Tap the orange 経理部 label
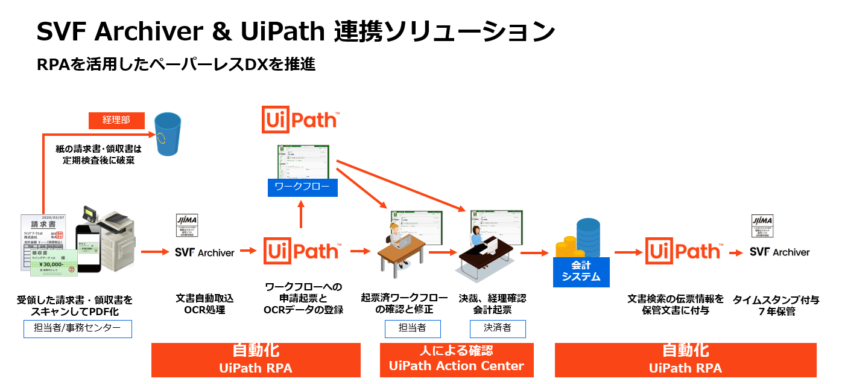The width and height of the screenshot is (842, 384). click(x=116, y=120)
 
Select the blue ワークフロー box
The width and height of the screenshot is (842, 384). click(x=302, y=187)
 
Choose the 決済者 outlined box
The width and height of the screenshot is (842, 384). click(x=498, y=328)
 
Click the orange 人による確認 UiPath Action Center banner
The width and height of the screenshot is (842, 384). click(x=457, y=359)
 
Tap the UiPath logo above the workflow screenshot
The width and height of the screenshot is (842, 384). click(x=300, y=120)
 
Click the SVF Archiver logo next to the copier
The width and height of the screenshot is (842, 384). click(x=204, y=252)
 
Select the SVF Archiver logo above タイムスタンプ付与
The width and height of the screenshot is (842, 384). click(x=779, y=252)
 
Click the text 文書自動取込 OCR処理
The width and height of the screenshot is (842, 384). click(x=204, y=304)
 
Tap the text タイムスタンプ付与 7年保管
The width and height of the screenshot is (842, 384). click(x=776, y=306)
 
